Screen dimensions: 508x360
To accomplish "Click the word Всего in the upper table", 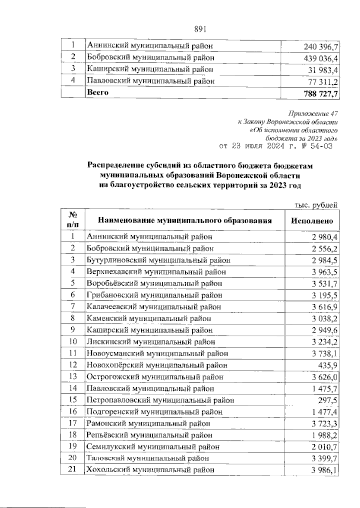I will [x=97, y=92].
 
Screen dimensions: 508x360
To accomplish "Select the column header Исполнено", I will [x=312, y=221].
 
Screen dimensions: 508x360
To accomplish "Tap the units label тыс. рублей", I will [x=315, y=205].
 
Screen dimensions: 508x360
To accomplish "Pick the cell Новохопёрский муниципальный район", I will [x=157, y=365].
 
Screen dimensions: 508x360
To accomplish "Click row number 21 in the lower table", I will [x=73, y=469].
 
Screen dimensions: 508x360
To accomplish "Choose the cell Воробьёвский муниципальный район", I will [x=154, y=283].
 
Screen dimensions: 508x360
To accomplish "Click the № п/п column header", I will [x=73, y=220].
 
